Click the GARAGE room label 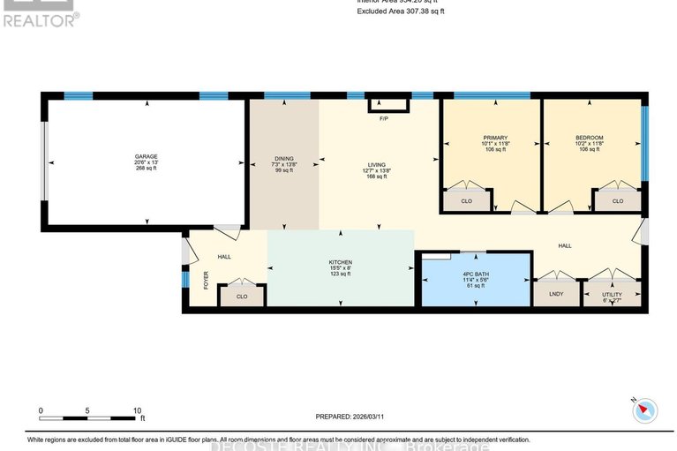(x=147, y=156)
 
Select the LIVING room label (x=377, y=163)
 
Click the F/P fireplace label (x=383, y=118)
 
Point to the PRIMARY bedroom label (x=495, y=138)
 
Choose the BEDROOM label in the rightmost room (x=589, y=138)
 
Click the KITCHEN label (x=341, y=263)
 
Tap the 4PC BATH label (x=476, y=274)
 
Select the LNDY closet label (x=556, y=294)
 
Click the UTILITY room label (x=612, y=294)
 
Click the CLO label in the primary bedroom (x=466, y=201)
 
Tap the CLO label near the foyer (x=241, y=296)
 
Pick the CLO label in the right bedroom (x=618, y=201)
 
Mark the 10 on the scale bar (x=138, y=410)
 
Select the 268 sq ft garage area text (x=147, y=169)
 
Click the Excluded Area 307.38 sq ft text (x=400, y=11)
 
